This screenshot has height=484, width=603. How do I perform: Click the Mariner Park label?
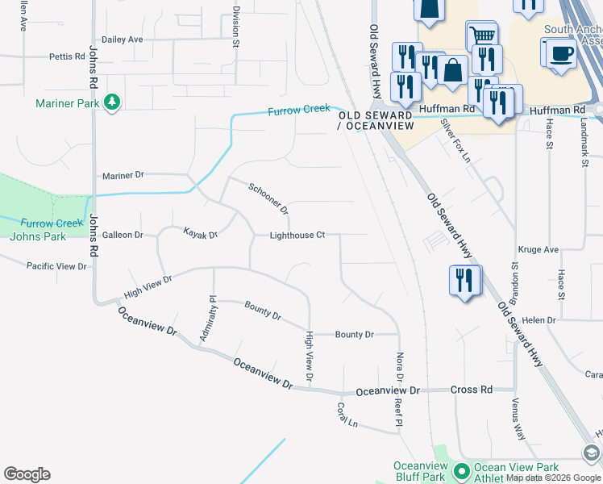coord(67,103)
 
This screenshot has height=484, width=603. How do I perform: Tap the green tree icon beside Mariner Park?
coord(112,102)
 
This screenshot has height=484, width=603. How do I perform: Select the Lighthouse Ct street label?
coord(297,236)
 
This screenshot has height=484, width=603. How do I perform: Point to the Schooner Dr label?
coord(268,199)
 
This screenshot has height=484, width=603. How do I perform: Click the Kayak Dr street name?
coord(201,235)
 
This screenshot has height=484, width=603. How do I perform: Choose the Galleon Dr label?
coord(123,235)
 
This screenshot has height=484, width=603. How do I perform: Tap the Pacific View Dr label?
coord(56,265)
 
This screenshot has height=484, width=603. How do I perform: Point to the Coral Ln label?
coord(347,415)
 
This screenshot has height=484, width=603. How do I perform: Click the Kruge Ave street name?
coord(539,250)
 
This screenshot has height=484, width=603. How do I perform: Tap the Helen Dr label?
coord(539,320)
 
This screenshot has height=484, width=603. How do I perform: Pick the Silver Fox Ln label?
coord(455,140)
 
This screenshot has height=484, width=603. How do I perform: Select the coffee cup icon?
coord(561,53)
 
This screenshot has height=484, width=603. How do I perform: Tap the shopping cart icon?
coord(481,35)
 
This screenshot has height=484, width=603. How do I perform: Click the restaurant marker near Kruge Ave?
coord(464,281)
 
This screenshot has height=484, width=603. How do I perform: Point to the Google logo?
coord(27,474)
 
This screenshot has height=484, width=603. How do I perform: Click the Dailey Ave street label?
coord(122,39)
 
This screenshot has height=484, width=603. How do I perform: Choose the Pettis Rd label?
coord(67,56)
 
